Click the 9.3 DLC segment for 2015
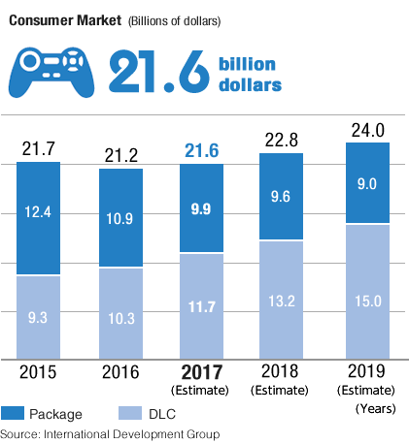[x=38, y=316]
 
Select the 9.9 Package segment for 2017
[x=203, y=208]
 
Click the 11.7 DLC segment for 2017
[x=203, y=304]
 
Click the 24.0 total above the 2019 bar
[x=367, y=130]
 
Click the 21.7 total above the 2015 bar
[x=38, y=149]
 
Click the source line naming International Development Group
[x=110, y=432]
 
